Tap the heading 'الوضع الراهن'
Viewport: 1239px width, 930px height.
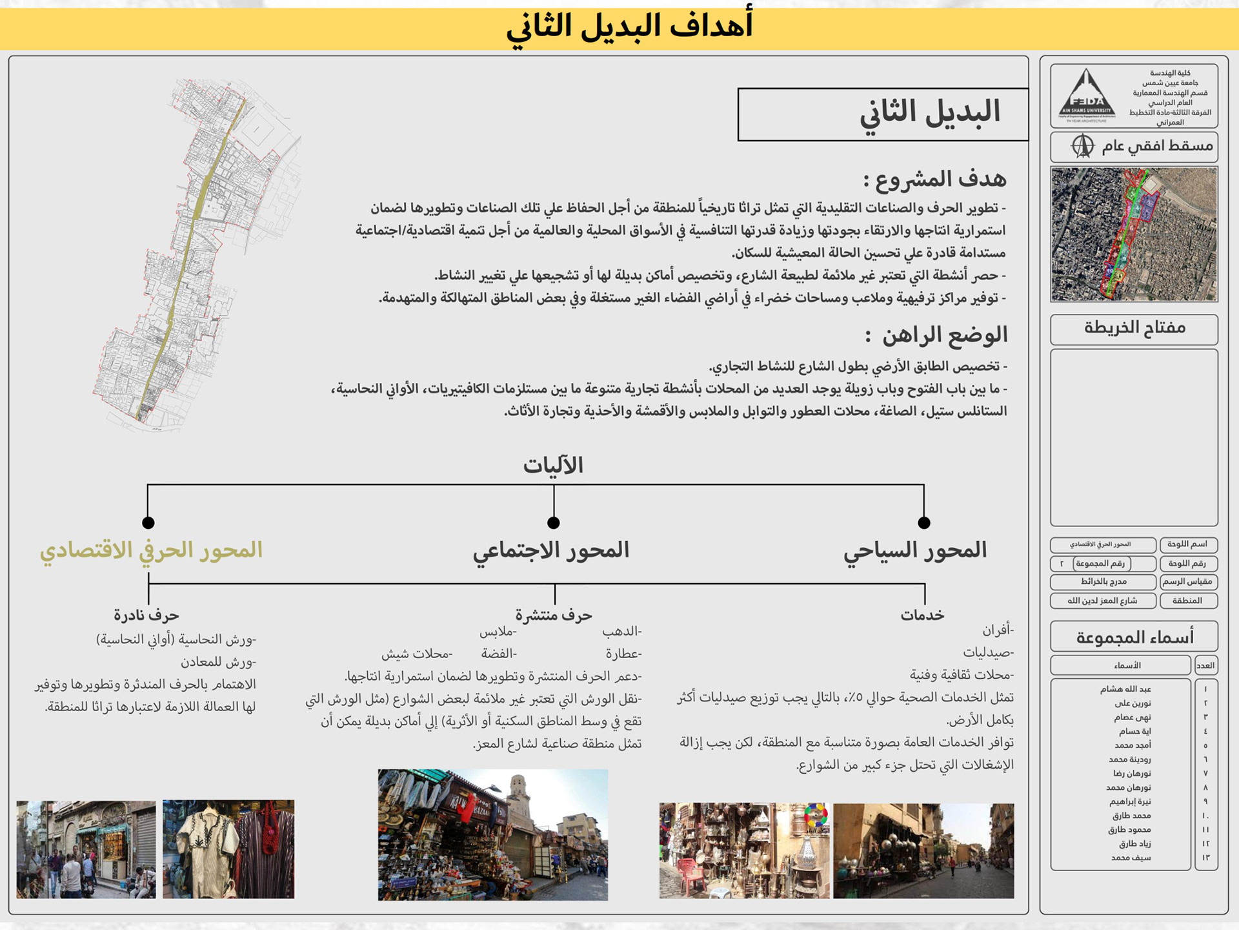point(936,335)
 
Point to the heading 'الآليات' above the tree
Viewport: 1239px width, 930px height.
point(553,465)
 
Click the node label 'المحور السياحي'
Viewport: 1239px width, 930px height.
point(915,550)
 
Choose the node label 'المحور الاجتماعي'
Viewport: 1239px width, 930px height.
point(551,550)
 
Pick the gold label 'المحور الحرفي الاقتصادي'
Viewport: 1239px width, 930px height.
point(151,550)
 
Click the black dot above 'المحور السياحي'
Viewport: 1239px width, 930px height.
point(924,522)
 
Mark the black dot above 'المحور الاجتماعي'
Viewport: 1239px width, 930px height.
point(554,522)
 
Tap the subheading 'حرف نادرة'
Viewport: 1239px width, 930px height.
point(146,615)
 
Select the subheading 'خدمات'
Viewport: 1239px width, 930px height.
point(922,615)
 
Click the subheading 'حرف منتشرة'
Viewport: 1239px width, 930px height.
point(554,615)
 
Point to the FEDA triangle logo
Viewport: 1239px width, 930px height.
point(1087,96)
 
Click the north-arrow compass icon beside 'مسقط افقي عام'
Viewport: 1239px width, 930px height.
point(1083,146)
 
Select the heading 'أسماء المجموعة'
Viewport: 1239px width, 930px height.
point(1134,637)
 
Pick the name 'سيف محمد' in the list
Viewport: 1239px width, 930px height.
point(1131,858)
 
